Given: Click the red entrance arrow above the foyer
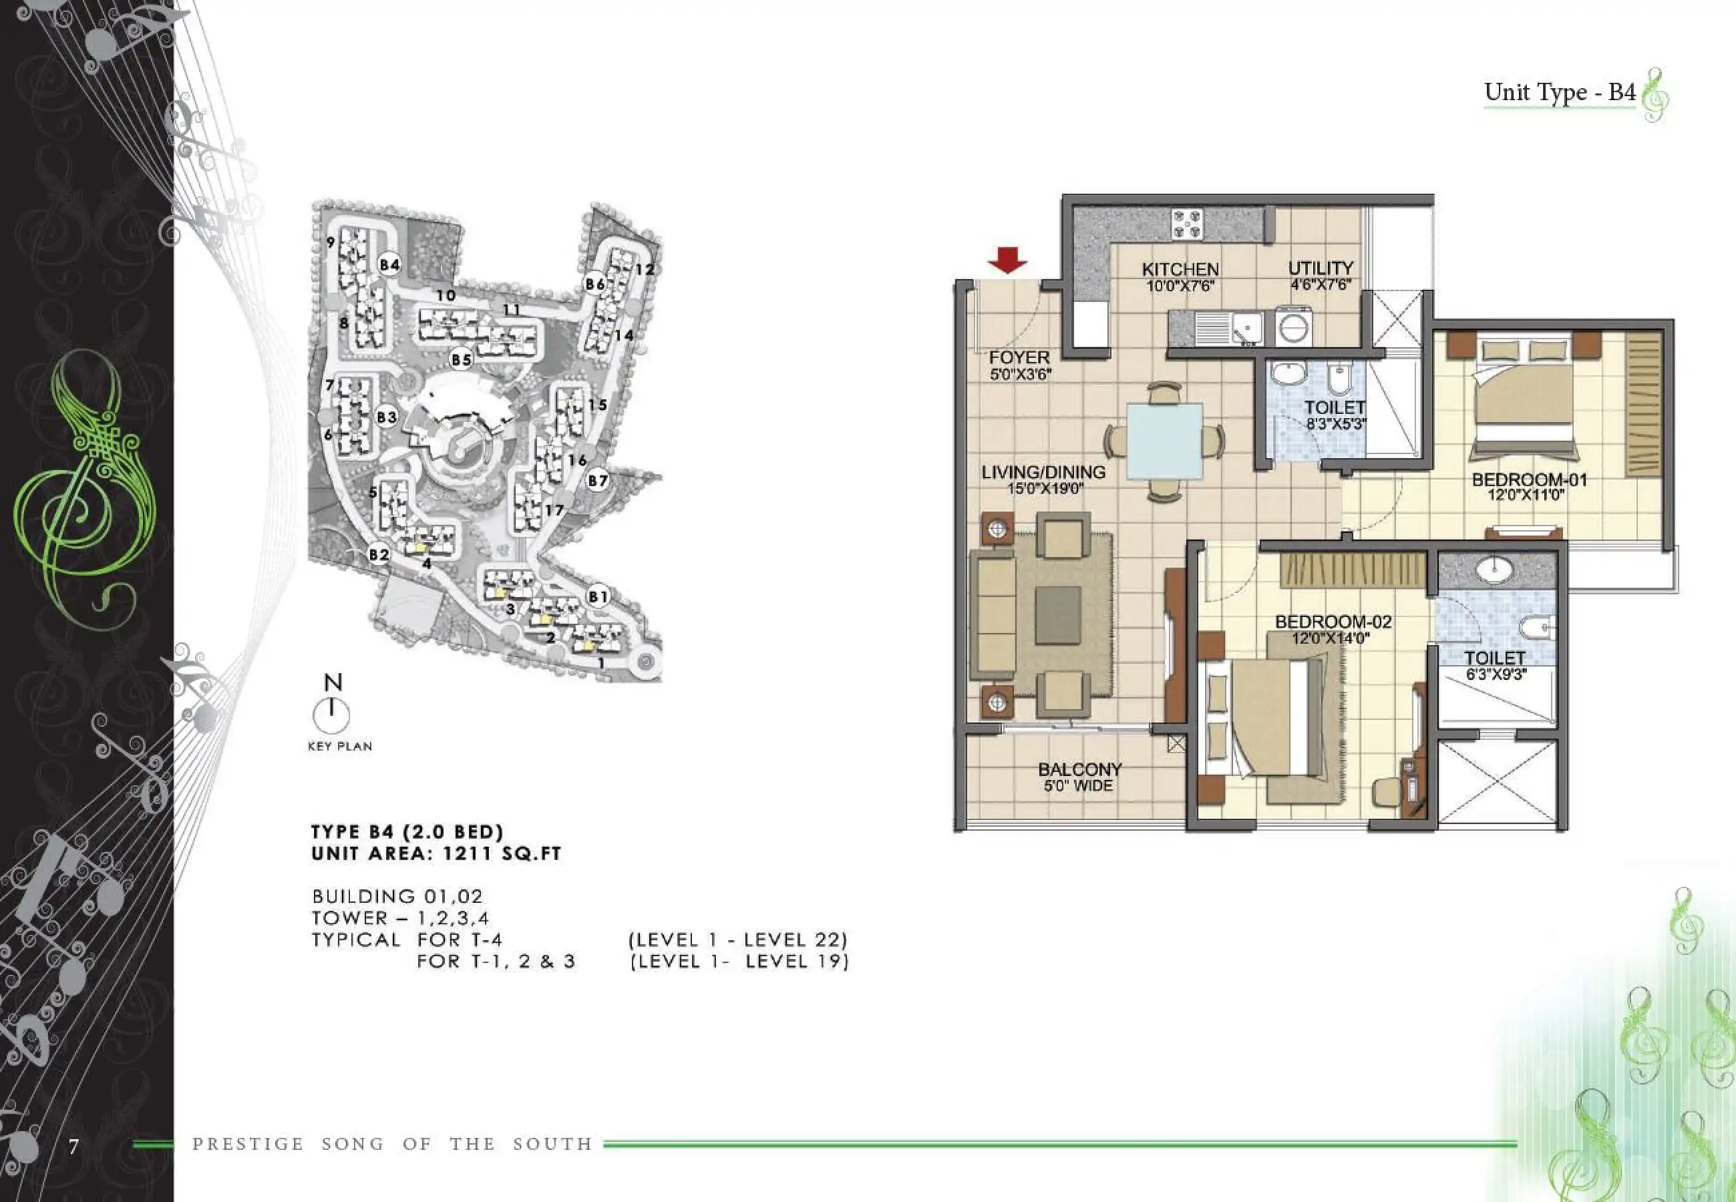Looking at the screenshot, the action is click(x=1007, y=260).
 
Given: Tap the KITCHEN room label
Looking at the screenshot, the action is click(x=1180, y=270).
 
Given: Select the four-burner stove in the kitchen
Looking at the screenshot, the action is click(x=1187, y=224).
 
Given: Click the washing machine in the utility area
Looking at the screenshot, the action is click(x=1295, y=327).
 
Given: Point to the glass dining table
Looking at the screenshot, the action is click(x=1164, y=441).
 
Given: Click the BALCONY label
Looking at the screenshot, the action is click(x=1079, y=769).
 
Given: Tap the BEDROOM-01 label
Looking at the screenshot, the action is click(x=1529, y=479).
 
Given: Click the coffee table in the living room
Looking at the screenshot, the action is click(x=1058, y=615).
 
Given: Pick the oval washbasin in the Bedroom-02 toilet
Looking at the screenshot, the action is click(x=1496, y=569).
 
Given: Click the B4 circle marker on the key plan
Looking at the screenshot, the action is click(x=389, y=264).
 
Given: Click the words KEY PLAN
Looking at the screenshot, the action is click(x=340, y=747).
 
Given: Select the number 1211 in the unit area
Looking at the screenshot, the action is click(x=468, y=854).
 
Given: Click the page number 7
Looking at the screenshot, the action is click(x=73, y=1147).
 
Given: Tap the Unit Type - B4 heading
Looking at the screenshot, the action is click(x=1560, y=92).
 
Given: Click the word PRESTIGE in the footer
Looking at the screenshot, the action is click(x=248, y=1144).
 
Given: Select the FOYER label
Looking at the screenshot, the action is click(x=1019, y=357).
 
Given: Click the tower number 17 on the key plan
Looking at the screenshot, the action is click(x=554, y=511).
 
